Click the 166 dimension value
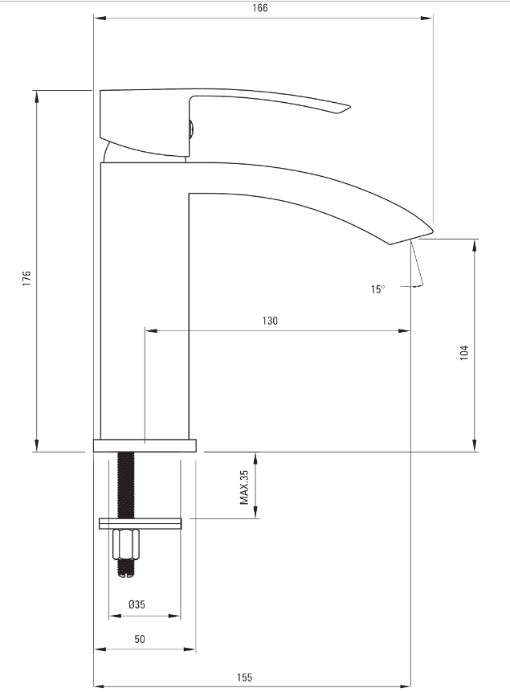click(x=260, y=8)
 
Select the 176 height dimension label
click(x=27, y=278)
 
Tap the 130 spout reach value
click(x=270, y=321)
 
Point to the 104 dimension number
click(x=464, y=353)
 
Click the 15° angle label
click(x=377, y=289)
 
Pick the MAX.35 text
click(x=244, y=487)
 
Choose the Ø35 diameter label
click(x=137, y=604)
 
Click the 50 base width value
click(x=140, y=639)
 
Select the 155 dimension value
click(x=244, y=677)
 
